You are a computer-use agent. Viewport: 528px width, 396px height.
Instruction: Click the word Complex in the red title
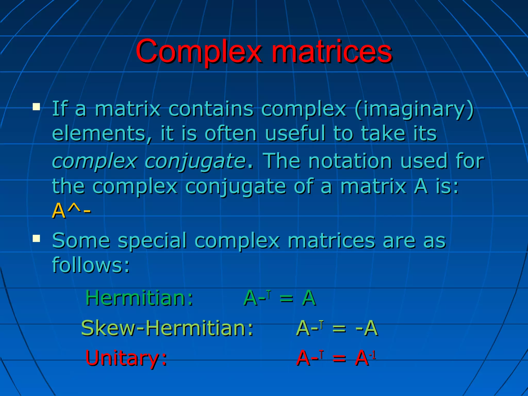[199, 52]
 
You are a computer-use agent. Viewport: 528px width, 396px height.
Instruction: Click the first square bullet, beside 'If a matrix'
[36, 107]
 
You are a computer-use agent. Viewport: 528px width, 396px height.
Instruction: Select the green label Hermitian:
[139, 298]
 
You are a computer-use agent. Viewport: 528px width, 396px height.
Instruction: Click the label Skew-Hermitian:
[167, 328]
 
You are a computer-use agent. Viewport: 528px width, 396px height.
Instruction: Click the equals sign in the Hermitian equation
[286, 299]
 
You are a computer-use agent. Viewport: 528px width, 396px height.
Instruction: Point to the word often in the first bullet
[230, 134]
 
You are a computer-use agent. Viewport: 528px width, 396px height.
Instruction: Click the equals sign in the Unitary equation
[339, 359]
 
